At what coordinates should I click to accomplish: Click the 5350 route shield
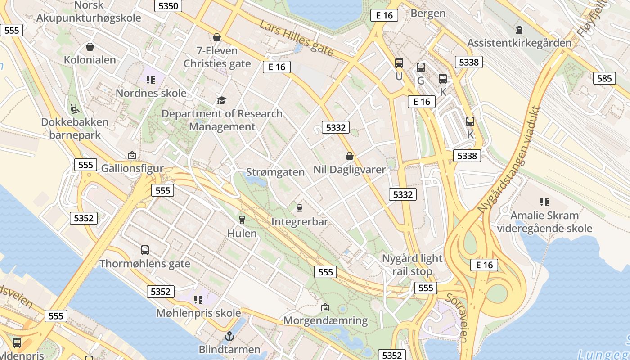tap(168, 6)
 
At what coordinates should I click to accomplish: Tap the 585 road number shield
tap(604, 79)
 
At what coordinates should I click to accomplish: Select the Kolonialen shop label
tap(90, 60)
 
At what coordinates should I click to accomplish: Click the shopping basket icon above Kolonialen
tap(90, 47)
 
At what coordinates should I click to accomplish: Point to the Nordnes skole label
tap(151, 93)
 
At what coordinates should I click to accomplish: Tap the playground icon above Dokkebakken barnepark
tap(75, 108)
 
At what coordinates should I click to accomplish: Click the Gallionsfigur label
tap(132, 168)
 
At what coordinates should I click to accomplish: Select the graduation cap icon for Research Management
tap(221, 100)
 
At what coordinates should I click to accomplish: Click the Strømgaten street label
tap(275, 172)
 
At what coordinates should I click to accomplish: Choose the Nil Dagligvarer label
tap(350, 170)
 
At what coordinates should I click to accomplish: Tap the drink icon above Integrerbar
tap(299, 208)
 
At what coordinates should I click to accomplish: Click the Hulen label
tap(242, 233)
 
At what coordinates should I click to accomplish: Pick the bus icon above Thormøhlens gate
tap(145, 250)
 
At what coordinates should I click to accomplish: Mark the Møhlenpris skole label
tap(198, 312)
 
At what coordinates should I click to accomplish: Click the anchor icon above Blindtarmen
tap(229, 336)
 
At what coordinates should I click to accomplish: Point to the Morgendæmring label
tap(325, 321)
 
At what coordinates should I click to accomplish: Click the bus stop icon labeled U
tap(399, 63)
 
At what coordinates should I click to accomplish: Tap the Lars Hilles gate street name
tap(297, 39)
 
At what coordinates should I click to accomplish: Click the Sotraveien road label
tap(457, 318)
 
